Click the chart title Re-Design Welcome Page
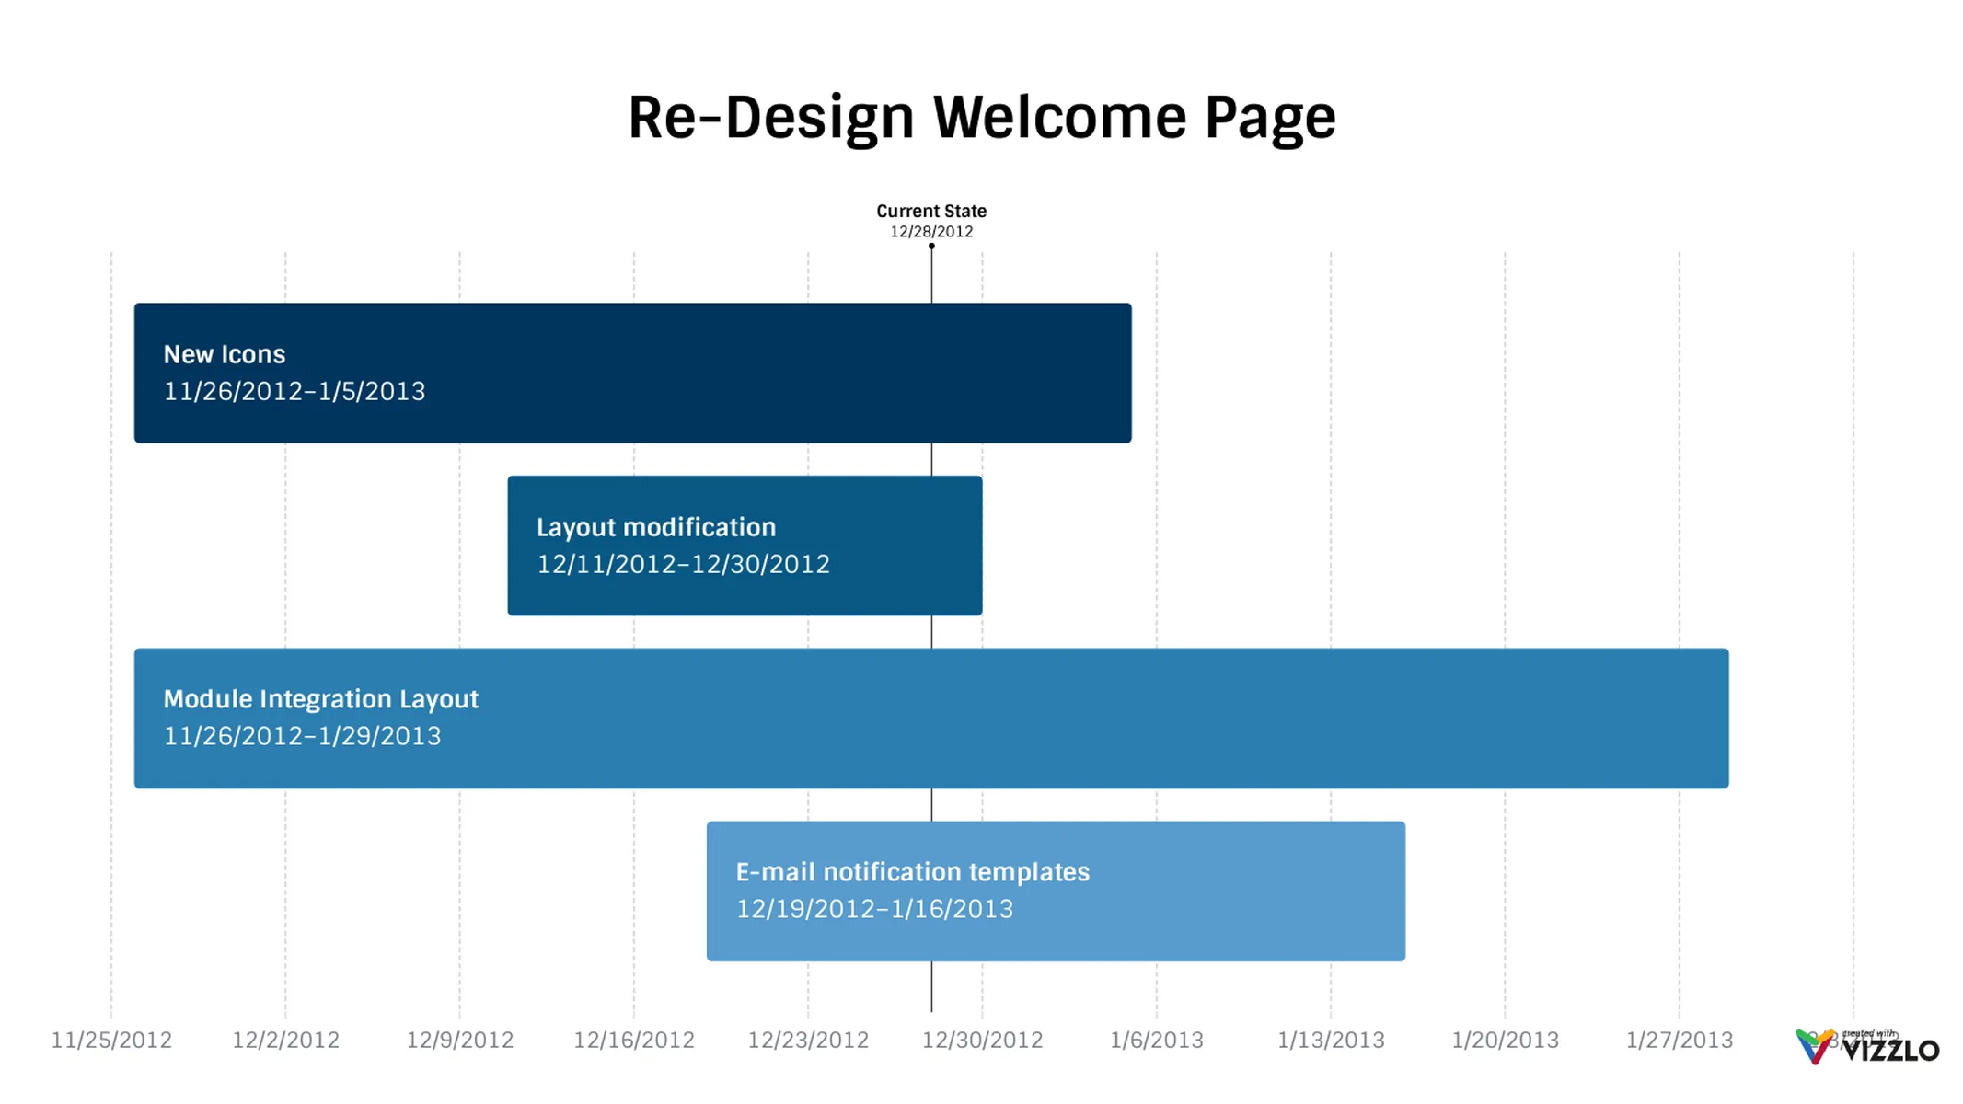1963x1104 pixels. pos(981,118)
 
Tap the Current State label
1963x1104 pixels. pos(930,211)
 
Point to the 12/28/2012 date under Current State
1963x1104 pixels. pos(930,232)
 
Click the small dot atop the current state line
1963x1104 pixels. pos(931,247)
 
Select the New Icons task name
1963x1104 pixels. pos(224,354)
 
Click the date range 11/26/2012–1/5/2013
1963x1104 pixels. pos(294,392)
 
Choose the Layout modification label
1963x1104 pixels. pos(655,527)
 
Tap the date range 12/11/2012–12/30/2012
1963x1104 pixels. pos(682,564)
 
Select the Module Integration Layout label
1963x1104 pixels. pos(320,699)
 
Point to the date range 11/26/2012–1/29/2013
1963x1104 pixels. pos(302,736)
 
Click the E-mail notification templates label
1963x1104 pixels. pos(911,871)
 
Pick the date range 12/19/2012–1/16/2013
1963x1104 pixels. pos(873,909)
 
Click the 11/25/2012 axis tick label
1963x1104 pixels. pos(111,1040)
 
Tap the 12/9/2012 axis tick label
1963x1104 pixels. pos(459,1040)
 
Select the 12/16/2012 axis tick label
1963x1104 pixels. pos(633,1040)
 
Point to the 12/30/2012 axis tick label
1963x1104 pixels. pos(982,1040)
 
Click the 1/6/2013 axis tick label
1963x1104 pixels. pos(1156,1040)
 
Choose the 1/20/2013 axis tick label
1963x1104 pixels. pos(1505,1040)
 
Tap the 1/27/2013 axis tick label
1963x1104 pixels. pos(1679,1040)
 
